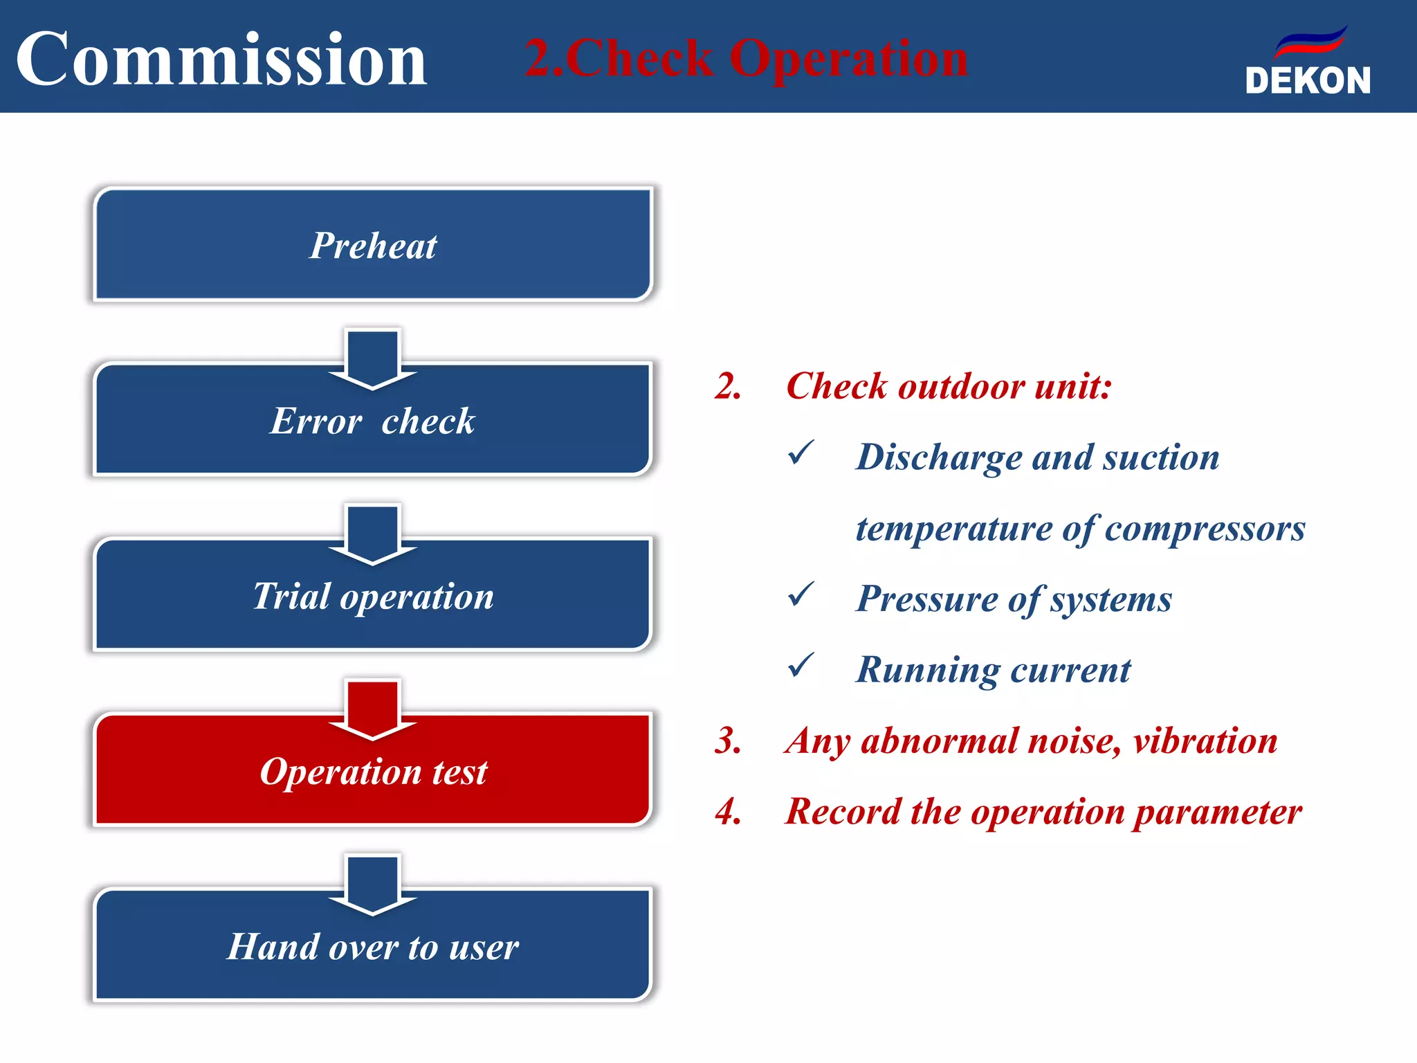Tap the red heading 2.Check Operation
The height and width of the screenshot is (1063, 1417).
tap(746, 58)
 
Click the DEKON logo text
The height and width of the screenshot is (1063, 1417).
tap(1308, 81)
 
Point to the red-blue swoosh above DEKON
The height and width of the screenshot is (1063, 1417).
tap(1311, 43)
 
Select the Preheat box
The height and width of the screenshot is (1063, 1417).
tap(373, 245)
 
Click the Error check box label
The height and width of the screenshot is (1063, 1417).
tap(373, 421)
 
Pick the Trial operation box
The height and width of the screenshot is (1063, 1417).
tap(373, 597)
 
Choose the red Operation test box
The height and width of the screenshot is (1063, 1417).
tap(373, 772)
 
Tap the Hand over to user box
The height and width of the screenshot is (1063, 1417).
tap(373, 947)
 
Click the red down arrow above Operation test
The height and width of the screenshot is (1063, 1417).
tap(373, 709)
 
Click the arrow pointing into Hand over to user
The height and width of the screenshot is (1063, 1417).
tap(373, 884)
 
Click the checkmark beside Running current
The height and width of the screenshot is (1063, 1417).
tap(801, 666)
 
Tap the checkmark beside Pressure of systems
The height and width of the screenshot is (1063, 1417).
tap(801, 594)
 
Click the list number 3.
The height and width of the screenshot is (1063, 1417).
tap(728, 741)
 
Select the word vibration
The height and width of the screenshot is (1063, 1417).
tap(1205, 741)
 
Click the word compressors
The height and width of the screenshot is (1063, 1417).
tap(1205, 529)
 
